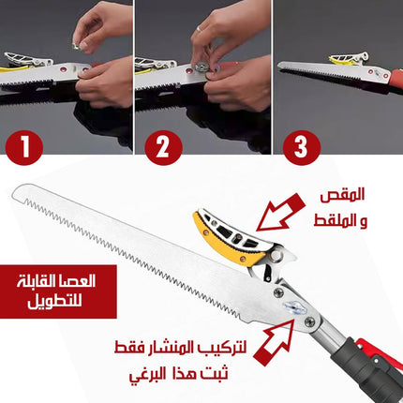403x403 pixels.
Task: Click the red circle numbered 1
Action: point(24,147)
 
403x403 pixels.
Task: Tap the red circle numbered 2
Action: point(163,147)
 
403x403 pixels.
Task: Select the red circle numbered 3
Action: point(302,147)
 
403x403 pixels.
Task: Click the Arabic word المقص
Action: point(342,195)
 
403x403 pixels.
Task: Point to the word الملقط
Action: point(333,221)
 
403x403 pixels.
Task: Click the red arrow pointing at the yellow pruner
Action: point(280,213)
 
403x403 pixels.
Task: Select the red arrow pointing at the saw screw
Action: point(274,342)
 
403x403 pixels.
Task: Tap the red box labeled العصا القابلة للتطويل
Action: point(58,291)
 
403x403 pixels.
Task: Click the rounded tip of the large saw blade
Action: point(16,191)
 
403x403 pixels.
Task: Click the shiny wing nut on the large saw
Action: point(293,306)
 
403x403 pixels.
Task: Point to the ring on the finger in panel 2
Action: point(200,29)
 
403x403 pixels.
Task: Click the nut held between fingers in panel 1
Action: point(76,46)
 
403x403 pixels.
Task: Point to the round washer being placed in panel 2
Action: point(200,67)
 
